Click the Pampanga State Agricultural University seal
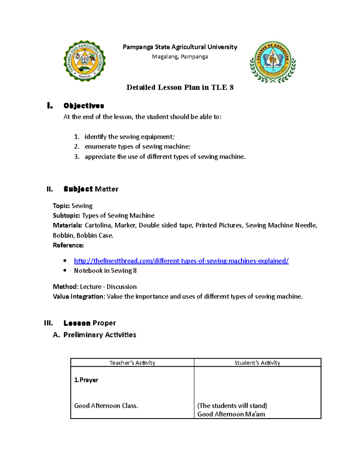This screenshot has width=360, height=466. point(85,61)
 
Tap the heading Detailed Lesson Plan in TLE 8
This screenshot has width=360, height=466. point(180,87)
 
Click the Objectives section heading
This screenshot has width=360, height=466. point(84,106)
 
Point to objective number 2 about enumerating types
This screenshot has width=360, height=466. point(137,146)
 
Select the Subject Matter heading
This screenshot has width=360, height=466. point(91,189)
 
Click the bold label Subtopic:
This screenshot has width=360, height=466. point(67,215)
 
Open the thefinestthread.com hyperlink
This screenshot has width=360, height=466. point(181,261)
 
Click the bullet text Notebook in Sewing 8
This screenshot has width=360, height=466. point(105,271)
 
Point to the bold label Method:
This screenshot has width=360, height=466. point(66,287)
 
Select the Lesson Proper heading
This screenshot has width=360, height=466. point(89,323)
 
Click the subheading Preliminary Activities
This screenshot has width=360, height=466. point(100,335)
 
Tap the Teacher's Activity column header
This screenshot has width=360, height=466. point(132,363)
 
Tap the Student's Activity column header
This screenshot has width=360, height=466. point(257,363)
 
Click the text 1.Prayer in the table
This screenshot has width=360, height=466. point(86,380)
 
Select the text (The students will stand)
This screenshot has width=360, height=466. point(232,406)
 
